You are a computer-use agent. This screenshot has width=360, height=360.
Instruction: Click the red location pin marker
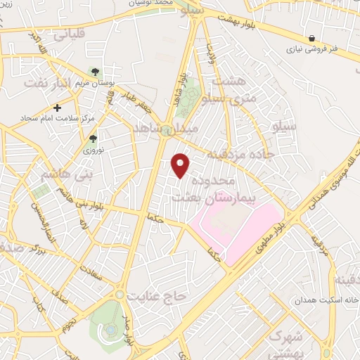pyautogui.click(x=181, y=165)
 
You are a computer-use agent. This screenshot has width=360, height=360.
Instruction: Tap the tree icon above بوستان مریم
pyautogui.click(x=94, y=72)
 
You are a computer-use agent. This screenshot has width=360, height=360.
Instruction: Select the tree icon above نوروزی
pyautogui.click(x=89, y=139)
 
